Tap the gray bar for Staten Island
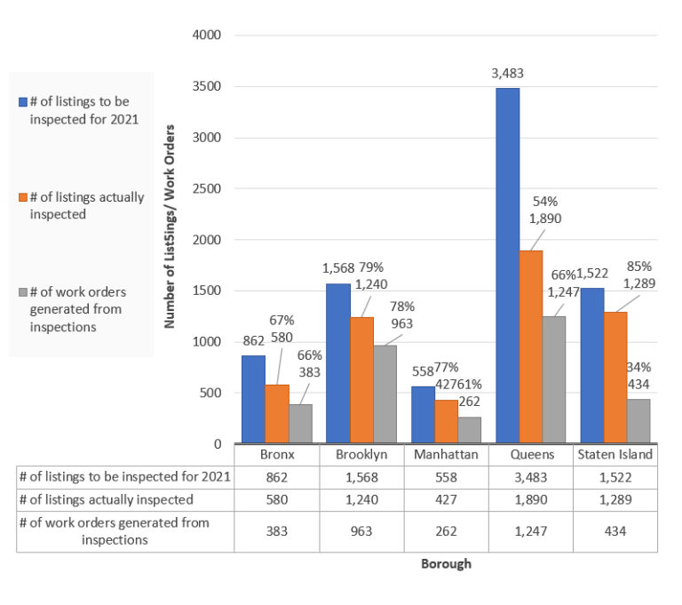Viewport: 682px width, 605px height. (x=637, y=420)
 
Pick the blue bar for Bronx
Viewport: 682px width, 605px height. (x=253, y=399)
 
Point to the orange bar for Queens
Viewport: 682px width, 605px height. (x=531, y=346)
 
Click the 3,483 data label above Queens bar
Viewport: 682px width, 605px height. (x=507, y=73)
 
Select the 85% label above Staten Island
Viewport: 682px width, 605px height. (x=638, y=266)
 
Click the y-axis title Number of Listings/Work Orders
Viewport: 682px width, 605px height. (x=169, y=227)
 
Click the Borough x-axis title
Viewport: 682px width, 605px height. (x=446, y=564)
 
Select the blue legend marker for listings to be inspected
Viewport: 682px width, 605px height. (x=23, y=102)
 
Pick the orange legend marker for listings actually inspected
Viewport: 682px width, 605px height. (x=23, y=197)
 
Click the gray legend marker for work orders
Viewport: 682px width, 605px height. (x=23, y=292)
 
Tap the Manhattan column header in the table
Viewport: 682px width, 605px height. (x=446, y=454)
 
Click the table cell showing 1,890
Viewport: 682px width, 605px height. (x=531, y=499)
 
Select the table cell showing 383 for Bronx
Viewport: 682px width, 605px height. (x=276, y=530)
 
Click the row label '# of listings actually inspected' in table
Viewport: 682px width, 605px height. (x=107, y=499)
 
